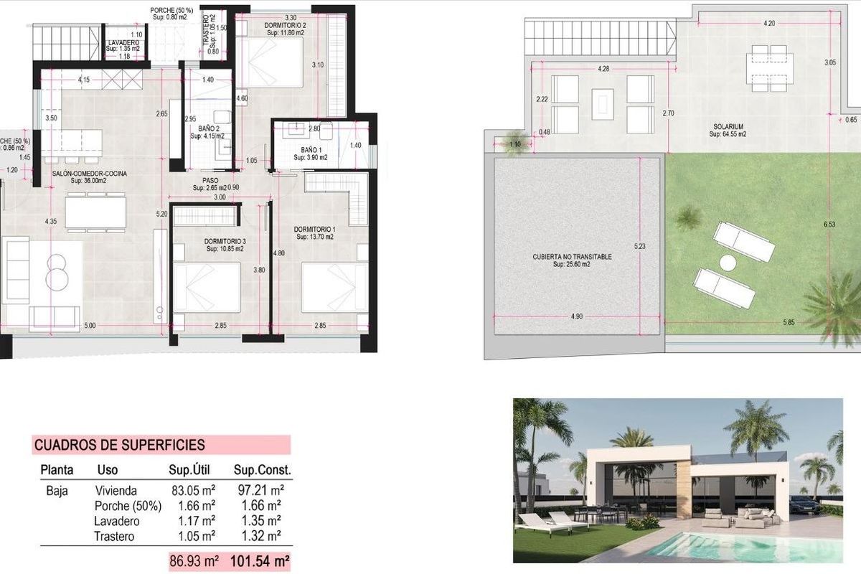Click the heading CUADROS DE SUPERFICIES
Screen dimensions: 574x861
click(119, 446)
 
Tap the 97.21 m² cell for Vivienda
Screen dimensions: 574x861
click(260, 491)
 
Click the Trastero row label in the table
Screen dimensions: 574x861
click(115, 535)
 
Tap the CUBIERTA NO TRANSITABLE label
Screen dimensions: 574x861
click(572, 256)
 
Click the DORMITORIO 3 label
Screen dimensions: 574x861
click(225, 241)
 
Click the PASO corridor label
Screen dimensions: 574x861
click(210, 181)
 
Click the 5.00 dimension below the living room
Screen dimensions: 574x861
click(89, 326)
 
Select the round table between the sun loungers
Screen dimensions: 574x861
click(728, 263)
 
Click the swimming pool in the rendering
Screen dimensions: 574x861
click(739, 547)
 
